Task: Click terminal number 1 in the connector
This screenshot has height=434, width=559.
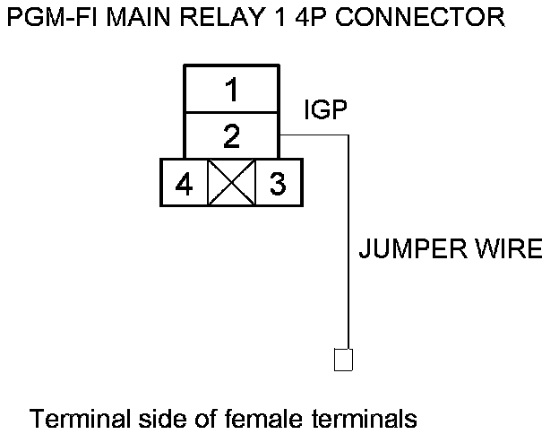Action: pyautogui.click(x=232, y=90)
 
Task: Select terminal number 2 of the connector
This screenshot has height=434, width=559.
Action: pyautogui.click(x=232, y=136)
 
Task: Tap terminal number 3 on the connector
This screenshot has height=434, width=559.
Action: pyautogui.click(x=278, y=185)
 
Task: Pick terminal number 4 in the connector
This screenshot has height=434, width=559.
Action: pyautogui.click(x=184, y=185)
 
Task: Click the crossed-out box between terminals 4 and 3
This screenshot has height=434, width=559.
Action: pyautogui.click(x=231, y=185)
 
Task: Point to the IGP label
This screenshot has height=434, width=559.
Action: pyautogui.click(x=325, y=110)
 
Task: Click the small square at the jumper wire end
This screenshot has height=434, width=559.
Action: pyautogui.click(x=343, y=359)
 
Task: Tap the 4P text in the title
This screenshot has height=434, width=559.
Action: pyautogui.click(x=289, y=17)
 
